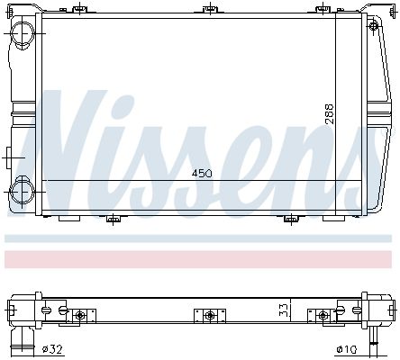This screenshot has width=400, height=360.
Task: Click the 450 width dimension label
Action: point(202,173)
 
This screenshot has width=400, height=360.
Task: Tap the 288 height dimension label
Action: point(330,114)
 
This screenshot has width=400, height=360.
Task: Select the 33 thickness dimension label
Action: point(285,310)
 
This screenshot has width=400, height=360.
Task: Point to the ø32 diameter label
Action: point(52,349)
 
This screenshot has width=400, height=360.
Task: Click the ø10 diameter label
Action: point(347,349)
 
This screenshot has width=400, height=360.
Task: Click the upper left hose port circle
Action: point(23,33)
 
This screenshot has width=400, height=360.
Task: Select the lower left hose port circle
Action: point(22,191)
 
